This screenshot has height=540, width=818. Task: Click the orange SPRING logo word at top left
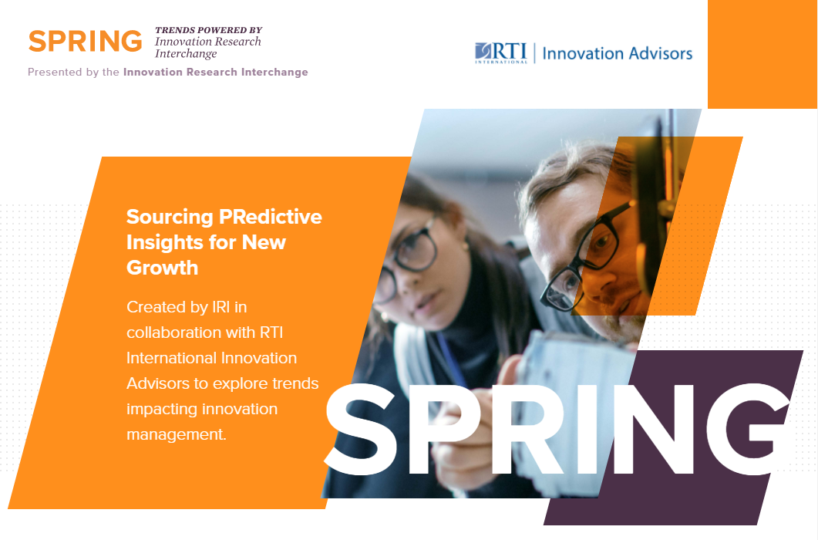[x=85, y=41]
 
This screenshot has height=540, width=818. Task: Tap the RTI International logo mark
[x=501, y=52]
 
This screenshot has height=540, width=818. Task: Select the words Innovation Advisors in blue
[x=617, y=53]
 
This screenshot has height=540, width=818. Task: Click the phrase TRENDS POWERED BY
[x=208, y=30]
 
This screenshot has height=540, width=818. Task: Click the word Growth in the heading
[x=162, y=268]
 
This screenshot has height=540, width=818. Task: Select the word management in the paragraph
[x=175, y=434]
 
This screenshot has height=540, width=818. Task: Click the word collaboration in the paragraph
[x=175, y=332]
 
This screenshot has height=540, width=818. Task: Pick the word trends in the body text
[x=295, y=384]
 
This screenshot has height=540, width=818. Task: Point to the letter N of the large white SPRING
[x=654, y=429]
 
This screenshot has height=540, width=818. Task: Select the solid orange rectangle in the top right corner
[x=762, y=54]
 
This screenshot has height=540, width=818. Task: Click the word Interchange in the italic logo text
[x=186, y=54]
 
